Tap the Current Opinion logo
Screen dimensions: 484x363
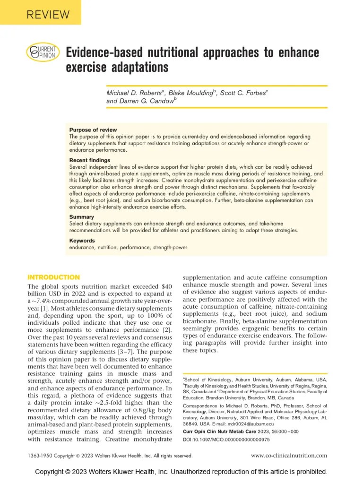pos(43,52)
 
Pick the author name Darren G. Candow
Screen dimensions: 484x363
pos(146,101)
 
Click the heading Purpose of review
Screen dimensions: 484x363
pos(93,130)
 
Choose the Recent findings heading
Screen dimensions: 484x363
pos(90,161)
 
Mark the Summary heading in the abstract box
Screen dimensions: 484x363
pos(81,217)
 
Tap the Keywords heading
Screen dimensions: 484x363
pos(82,241)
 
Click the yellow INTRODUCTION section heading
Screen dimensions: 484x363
pos(54,277)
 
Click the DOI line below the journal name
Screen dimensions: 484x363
pos(226,440)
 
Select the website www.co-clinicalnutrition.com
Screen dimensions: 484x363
pos(289,456)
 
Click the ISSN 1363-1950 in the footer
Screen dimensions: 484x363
pos(39,456)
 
